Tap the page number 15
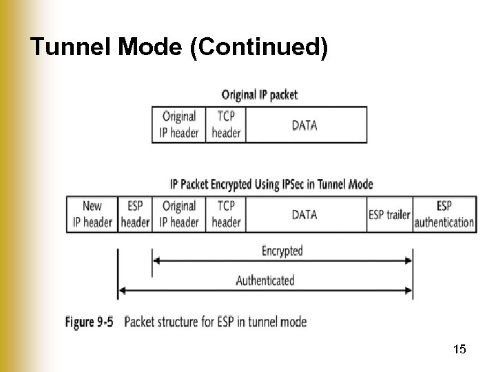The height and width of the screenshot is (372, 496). click(459, 350)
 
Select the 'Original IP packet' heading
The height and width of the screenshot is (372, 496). click(259, 94)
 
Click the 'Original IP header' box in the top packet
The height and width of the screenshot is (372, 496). click(178, 125)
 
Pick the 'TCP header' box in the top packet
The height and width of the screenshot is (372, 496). click(225, 125)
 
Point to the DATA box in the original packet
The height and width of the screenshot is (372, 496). click(304, 125)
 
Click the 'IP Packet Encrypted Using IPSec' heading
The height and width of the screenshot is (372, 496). click(271, 184)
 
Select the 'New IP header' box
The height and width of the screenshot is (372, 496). click(92, 214)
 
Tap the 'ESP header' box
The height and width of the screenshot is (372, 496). click(135, 214)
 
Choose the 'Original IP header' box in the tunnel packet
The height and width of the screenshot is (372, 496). click(178, 214)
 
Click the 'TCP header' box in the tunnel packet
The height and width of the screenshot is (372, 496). click(225, 214)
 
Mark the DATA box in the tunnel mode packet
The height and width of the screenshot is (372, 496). click(304, 214)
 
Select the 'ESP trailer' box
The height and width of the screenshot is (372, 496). click(389, 214)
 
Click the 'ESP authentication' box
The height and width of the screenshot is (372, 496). click(444, 214)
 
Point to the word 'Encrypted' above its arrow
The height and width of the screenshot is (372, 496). click(282, 251)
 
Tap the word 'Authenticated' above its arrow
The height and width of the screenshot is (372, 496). click(265, 280)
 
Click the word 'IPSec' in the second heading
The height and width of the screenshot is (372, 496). click(296, 184)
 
